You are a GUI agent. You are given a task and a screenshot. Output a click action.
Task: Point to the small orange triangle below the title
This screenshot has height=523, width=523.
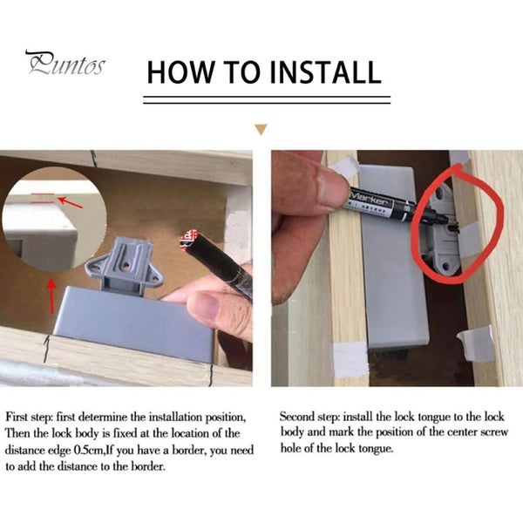(261, 130)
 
